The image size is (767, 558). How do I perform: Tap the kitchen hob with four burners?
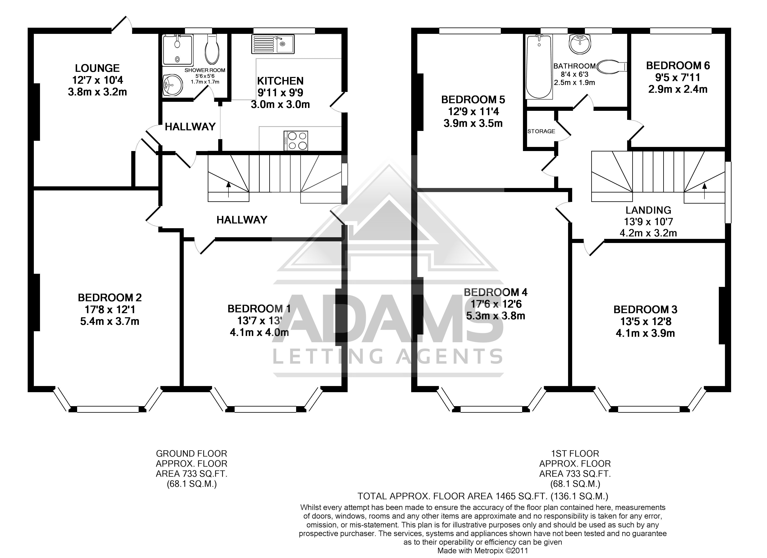(x=296, y=140)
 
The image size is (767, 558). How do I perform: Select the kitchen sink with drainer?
(x=273, y=44)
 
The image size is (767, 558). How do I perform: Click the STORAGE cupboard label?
(x=541, y=131)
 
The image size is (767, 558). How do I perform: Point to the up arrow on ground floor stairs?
(x=229, y=189)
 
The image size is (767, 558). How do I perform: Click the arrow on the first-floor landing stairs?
(x=704, y=191)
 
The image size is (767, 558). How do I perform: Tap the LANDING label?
(x=648, y=210)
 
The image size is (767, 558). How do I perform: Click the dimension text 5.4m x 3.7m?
(x=110, y=321)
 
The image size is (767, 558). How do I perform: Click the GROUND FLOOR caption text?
(x=191, y=453)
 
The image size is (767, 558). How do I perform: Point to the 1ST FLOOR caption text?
(x=575, y=453)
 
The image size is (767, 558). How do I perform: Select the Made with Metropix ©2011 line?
(x=483, y=551)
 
